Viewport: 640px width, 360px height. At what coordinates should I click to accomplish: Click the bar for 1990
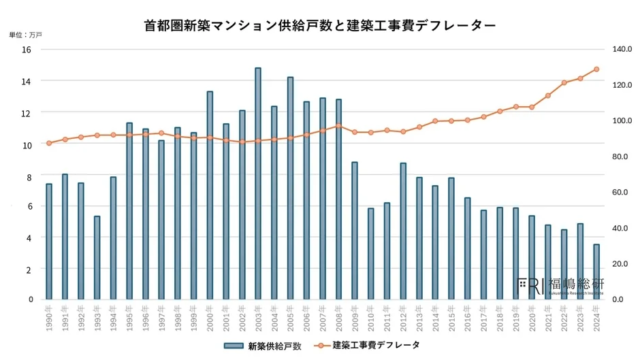48,241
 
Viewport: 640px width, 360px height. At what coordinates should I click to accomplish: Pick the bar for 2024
596,271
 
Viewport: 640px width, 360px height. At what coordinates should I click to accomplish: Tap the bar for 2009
354,230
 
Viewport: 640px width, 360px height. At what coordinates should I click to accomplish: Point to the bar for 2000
209,195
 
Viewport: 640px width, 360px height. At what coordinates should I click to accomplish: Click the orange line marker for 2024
596,69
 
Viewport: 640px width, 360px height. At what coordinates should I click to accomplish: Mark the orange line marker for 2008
338,126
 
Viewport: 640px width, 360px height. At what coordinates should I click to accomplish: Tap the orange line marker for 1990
48,143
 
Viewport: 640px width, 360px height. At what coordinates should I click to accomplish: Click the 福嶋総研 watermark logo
557,285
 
